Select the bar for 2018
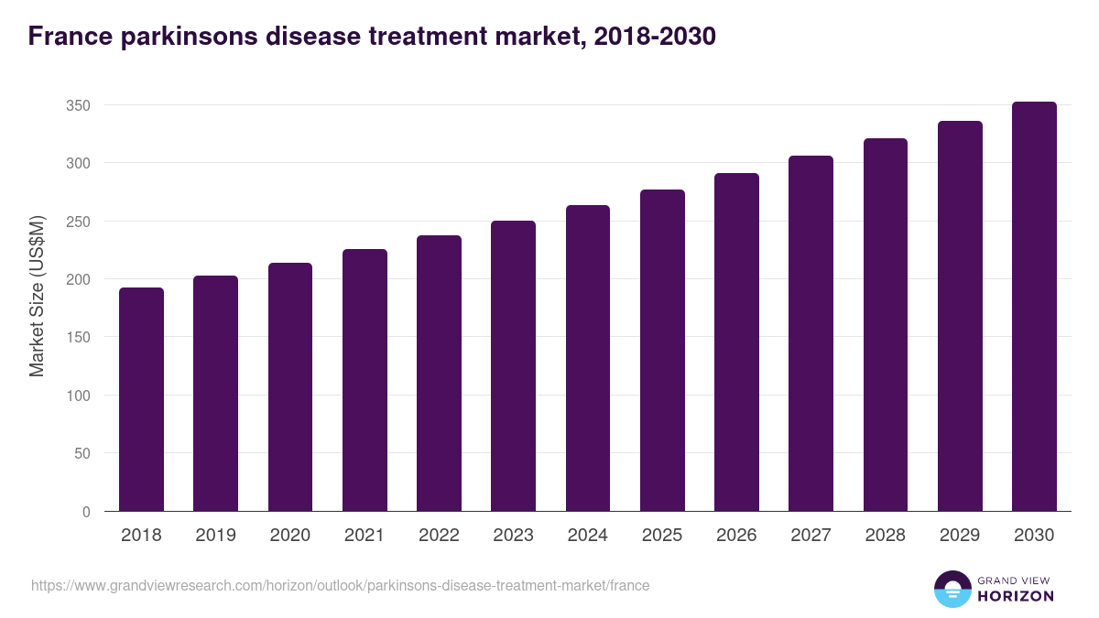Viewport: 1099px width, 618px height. coord(141,400)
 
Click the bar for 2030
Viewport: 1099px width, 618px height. coord(1034,307)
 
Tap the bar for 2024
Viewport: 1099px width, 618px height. coord(588,358)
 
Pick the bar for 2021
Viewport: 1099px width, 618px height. coord(365,380)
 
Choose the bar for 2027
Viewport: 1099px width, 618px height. coord(811,333)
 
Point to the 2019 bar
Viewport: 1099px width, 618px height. coord(215,394)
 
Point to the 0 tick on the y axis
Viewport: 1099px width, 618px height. coord(86,512)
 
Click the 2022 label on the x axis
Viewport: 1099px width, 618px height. coord(439,536)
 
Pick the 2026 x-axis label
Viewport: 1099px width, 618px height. coord(736,536)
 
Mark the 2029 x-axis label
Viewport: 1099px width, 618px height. coord(960,536)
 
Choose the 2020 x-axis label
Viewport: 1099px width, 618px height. coord(289,536)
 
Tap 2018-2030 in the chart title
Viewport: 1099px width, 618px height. coord(655,37)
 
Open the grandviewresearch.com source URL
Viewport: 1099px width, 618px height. coord(340,585)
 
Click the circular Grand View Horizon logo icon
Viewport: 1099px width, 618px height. coord(952,590)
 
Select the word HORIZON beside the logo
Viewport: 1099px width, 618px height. coord(1016,596)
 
